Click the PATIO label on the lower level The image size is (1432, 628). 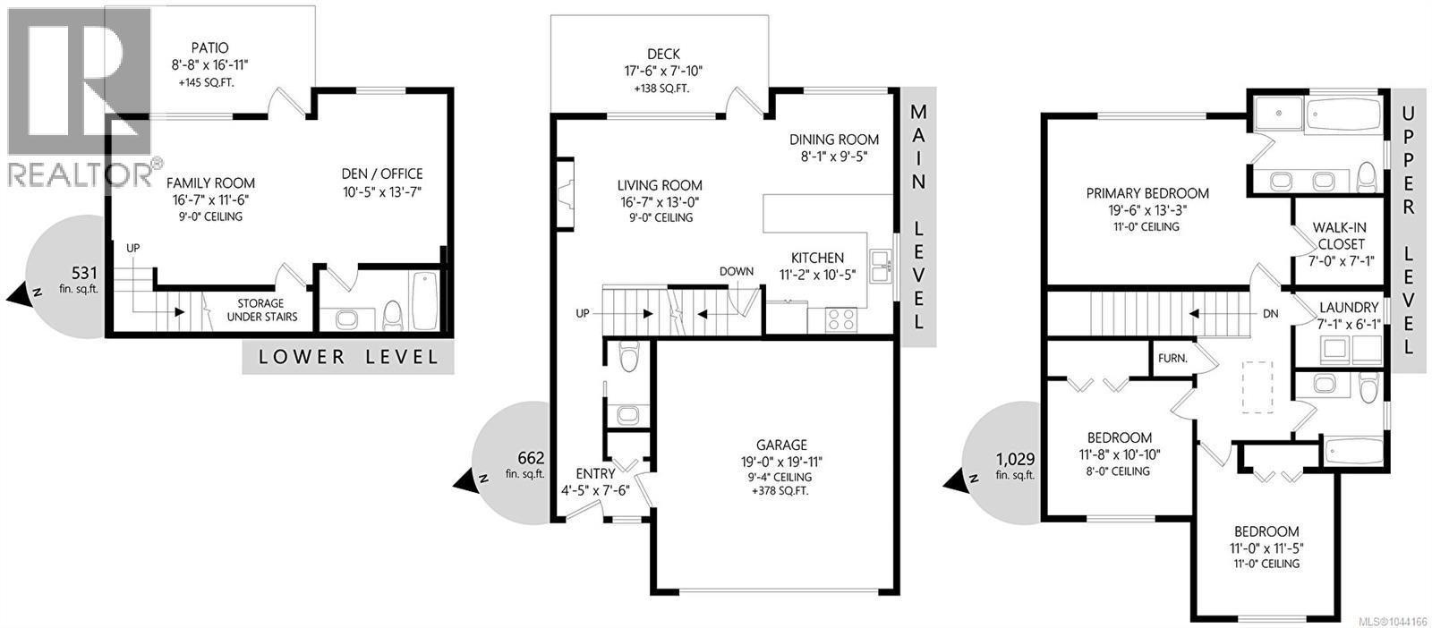click(x=209, y=48)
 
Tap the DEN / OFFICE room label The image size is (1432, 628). click(x=381, y=174)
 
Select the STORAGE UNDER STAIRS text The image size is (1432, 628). click(x=261, y=310)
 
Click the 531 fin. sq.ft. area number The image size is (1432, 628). click(x=84, y=274)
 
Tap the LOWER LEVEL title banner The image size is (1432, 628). click(x=348, y=356)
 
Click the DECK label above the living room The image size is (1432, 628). click(x=663, y=55)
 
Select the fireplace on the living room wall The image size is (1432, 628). click(x=564, y=194)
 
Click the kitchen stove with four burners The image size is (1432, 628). click(x=840, y=319)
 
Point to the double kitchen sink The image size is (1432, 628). click(x=881, y=267)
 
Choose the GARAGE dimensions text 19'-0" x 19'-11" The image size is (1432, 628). click(x=781, y=462)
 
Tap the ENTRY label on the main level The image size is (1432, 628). click(x=595, y=474)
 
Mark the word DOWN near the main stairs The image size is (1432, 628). click(x=737, y=272)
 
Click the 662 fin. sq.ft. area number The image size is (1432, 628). click(x=531, y=458)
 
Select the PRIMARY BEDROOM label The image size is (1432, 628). click(x=1147, y=193)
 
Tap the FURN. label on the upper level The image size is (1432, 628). click(x=1172, y=359)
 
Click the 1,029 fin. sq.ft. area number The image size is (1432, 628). click(x=1015, y=459)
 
